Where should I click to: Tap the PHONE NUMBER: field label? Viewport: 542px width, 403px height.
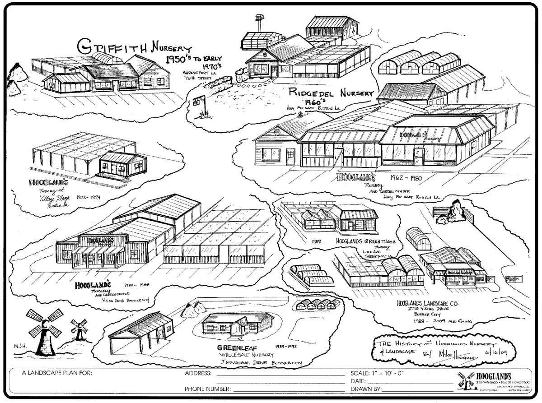208,389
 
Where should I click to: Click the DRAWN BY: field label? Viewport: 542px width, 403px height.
366,389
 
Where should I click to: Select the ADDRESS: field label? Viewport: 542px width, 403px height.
198,373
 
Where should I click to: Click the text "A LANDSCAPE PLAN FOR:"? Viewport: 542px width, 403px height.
56,373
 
